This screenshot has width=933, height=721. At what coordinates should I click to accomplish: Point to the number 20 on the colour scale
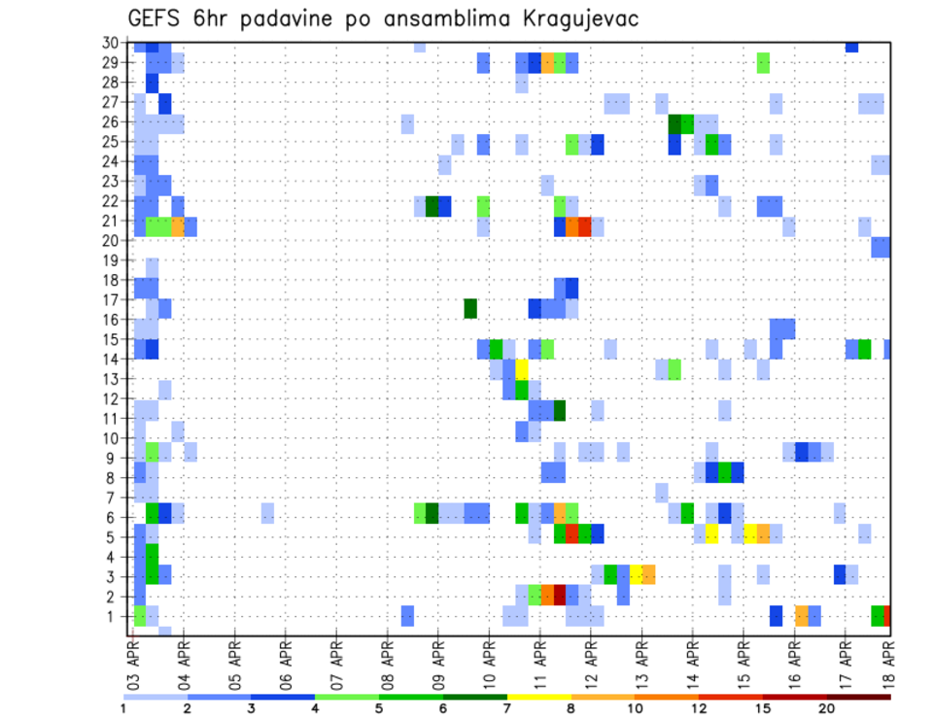826,707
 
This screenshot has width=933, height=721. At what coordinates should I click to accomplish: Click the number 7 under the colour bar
506,707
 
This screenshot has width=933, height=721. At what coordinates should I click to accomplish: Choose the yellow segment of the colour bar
538,697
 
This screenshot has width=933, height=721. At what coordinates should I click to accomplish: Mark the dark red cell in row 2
560,595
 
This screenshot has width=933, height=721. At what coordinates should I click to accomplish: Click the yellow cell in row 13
522,370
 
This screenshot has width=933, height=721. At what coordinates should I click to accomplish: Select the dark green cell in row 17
470,308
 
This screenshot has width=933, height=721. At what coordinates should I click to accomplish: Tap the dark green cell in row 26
674,123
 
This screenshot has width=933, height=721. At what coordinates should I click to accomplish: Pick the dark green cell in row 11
560,410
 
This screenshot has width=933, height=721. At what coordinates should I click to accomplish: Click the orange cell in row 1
801,615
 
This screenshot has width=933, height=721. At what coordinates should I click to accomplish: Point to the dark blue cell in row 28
152,83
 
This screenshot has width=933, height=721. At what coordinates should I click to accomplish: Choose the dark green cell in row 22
432,206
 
